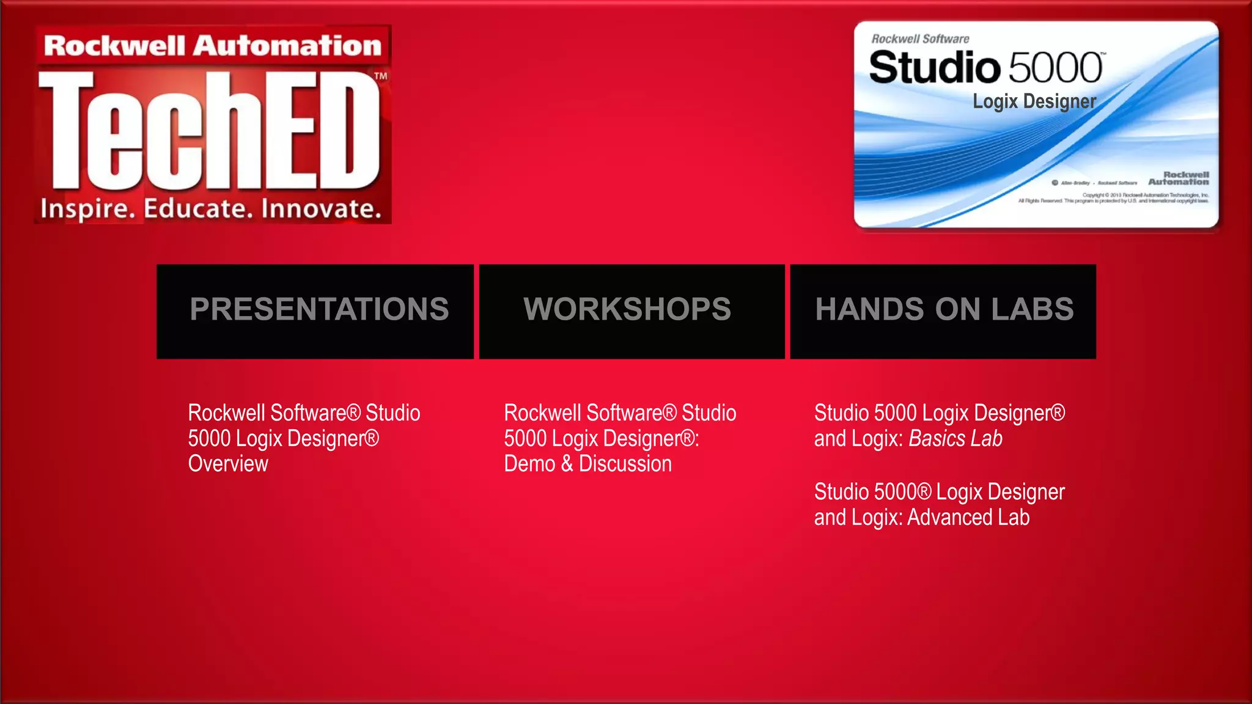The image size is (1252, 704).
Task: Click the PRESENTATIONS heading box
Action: (315, 310)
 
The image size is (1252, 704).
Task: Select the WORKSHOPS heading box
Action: (632, 310)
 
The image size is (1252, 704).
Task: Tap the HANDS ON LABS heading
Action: (944, 309)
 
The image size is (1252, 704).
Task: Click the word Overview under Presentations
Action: (228, 464)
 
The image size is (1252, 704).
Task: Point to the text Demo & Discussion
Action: (587, 464)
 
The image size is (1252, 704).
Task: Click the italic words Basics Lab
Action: (956, 439)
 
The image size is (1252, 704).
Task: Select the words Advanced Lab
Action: (968, 518)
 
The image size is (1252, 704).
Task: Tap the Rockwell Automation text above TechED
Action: (213, 46)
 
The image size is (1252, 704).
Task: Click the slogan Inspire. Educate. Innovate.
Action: (212, 209)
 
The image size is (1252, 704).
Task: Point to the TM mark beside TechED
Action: (380, 76)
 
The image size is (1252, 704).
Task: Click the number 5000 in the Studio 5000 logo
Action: (1055, 68)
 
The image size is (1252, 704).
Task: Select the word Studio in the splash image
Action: (934, 68)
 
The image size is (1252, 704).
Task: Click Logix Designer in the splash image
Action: (1034, 101)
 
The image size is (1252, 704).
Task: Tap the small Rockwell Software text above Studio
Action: (920, 39)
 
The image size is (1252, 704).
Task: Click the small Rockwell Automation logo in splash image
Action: (1179, 178)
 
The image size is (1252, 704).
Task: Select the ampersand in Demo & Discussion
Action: (567, 464)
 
